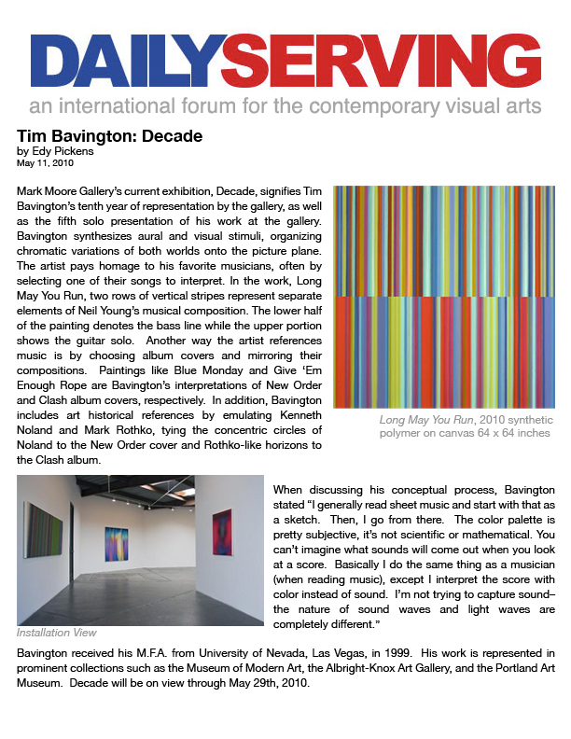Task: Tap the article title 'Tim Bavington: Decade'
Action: tap(109, 136)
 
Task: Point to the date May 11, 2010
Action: tap(45, 162)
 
